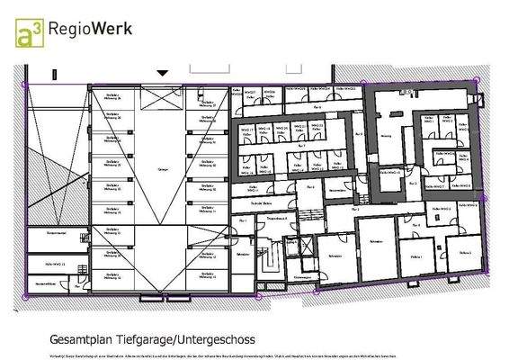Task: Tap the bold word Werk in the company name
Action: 114,28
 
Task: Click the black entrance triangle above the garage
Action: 163,73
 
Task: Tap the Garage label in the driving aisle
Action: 163,168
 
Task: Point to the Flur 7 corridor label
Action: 302,145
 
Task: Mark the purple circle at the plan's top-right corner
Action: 477,81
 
